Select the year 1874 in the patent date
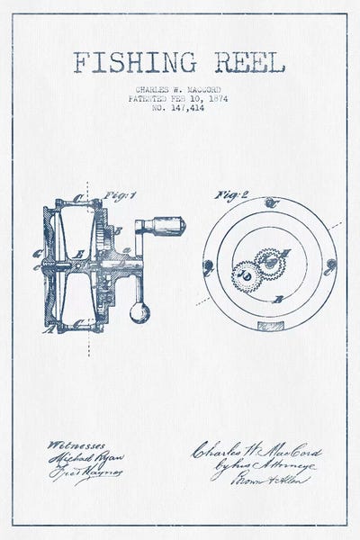tap(215, 98)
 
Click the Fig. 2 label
tap(226, 194)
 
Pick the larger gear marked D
tap(247, 275)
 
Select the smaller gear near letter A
tap(269, 262)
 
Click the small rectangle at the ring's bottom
tap(269, 323)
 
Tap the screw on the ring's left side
tap(208, 266)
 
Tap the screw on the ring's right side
tap(331, 264)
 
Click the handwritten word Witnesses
tap(77, 444)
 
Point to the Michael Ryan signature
tap(85, 458)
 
